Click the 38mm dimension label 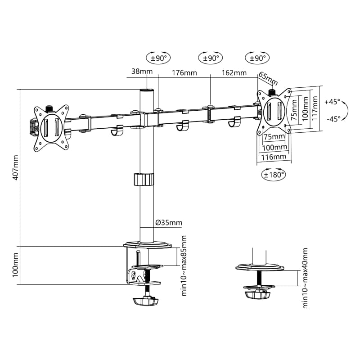point(142,72)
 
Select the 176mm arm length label point(184,72)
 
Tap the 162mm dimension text point(234,72)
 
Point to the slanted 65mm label point(269,79)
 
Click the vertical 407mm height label point(15,167)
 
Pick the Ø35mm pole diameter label point(169,222)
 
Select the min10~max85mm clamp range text point(184,265)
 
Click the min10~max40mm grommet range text point(306,278)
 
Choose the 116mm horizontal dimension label point(274,157)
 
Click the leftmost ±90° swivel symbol point(159,58)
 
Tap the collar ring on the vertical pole point(144,179)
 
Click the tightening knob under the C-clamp point(147,301)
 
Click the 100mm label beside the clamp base point(15,265)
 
